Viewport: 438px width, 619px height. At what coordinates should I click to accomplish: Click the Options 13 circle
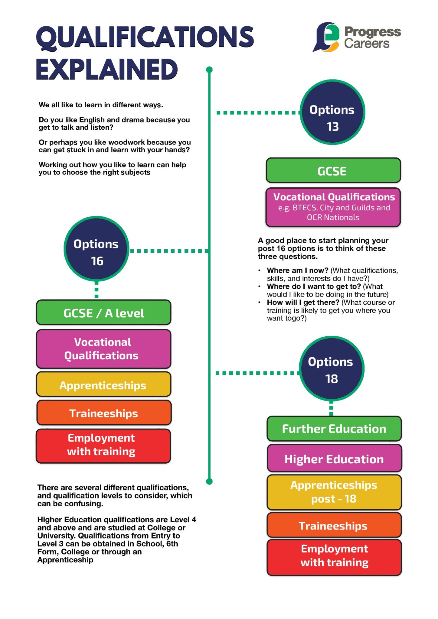[332, 112]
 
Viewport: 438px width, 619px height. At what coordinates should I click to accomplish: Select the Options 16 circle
[96, 249]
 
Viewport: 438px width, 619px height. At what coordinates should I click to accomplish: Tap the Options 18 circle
[331, 368]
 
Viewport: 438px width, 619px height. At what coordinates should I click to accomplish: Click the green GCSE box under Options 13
[333, 170]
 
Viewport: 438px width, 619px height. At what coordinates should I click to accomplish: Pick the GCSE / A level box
[103, 313]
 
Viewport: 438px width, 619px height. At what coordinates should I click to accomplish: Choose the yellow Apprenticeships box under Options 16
[103, 384]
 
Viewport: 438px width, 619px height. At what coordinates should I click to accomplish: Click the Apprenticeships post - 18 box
[334, 492]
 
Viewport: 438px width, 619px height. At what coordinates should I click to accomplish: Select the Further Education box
[334, 429]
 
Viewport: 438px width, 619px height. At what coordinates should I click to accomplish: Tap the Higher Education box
[334, 459]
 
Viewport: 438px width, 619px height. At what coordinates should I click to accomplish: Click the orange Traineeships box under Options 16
[104, 413]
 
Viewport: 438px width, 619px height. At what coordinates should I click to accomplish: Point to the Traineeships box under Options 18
[334, 525]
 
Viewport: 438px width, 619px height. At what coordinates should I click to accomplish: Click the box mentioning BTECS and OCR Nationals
[333, 207]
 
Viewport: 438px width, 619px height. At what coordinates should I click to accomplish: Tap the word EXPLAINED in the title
[107, 70]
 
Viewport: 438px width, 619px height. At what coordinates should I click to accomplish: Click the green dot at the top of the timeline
[209, 70]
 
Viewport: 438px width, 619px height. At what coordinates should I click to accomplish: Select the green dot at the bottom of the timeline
[209, 481]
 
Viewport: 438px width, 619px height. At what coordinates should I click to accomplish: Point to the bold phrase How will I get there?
[303, 302]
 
